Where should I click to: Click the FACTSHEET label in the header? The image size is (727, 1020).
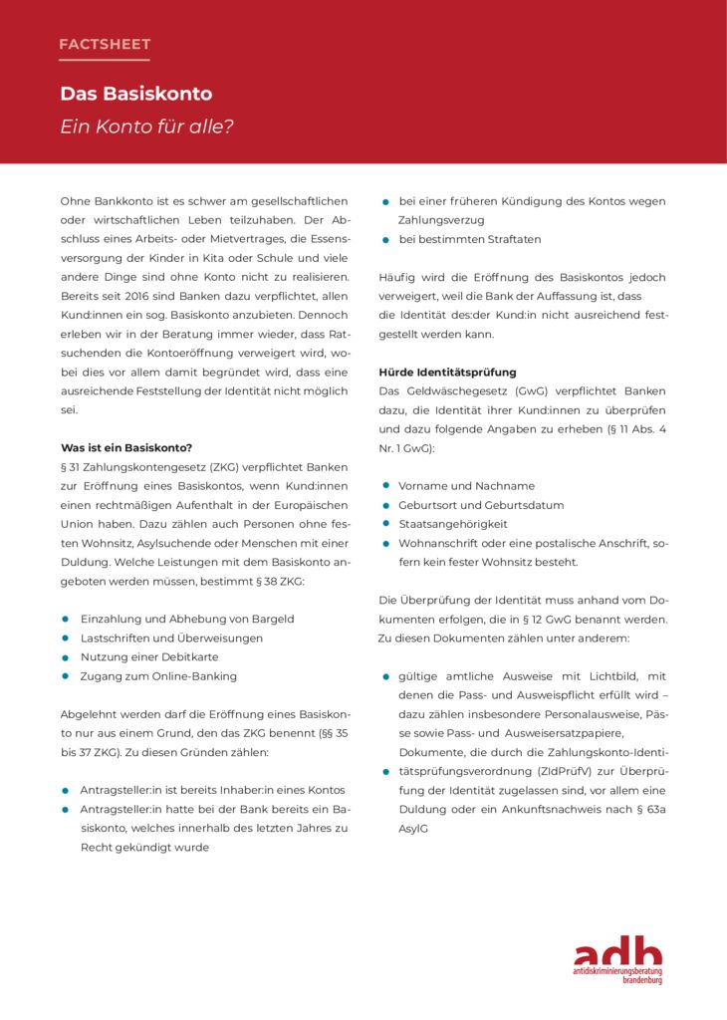(105, 44)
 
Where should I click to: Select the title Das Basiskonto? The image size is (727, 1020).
(135, 94)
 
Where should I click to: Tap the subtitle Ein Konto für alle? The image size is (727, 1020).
(146, 127)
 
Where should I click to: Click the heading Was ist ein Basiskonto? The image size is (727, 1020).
(125, 447)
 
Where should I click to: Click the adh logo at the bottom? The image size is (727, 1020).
(617, 959)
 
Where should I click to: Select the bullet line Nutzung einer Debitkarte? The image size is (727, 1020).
(149, 657)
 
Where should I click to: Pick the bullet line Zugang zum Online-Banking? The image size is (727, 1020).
(158, 676)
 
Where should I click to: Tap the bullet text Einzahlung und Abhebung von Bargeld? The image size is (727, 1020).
(187, 619)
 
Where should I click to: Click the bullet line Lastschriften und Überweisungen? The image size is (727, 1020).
(171, 637)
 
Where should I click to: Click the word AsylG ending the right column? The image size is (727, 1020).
(413, 828)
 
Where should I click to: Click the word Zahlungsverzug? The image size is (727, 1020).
(441, 220)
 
